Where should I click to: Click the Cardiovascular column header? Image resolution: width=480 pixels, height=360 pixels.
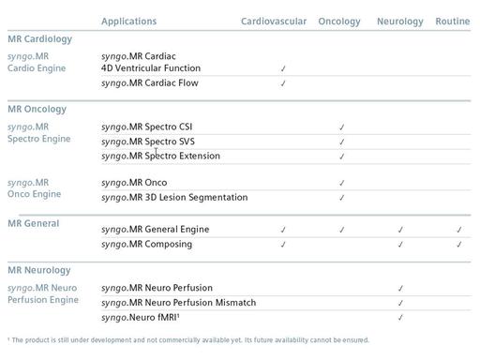click(273, 21)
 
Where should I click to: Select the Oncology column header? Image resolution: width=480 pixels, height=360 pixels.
click(338, 21)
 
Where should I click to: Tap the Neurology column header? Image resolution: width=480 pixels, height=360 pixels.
click(400, 21)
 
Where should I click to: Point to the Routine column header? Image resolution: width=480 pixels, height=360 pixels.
click(453, 21)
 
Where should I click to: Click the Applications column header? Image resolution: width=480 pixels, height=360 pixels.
click(128, 21)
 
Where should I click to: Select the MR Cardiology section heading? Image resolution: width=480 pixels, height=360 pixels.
click(39, 39)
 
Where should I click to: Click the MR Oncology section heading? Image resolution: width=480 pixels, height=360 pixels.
click(37, 109)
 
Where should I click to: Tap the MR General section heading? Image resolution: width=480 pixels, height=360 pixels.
click(33, 223)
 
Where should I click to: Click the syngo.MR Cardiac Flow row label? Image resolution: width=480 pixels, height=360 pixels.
click(149, 83)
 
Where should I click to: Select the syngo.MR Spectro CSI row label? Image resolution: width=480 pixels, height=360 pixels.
click(148, 127)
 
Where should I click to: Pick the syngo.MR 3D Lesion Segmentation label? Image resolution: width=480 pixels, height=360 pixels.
click(174, 198)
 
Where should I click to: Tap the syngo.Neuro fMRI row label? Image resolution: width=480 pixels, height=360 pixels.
click(141, 318)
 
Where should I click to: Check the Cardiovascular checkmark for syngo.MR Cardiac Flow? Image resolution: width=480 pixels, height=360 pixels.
click(283, 83)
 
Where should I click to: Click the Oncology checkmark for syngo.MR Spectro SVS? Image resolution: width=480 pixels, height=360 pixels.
click(342, 142)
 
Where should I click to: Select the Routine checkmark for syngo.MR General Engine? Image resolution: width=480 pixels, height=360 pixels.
click(459, 230)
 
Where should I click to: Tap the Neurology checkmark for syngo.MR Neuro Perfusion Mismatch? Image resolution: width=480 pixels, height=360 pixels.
click(400, 304)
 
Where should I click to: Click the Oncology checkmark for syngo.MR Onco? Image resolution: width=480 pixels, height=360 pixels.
click(342, 184)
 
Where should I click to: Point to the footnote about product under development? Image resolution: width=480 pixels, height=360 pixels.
click(187, 340)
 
